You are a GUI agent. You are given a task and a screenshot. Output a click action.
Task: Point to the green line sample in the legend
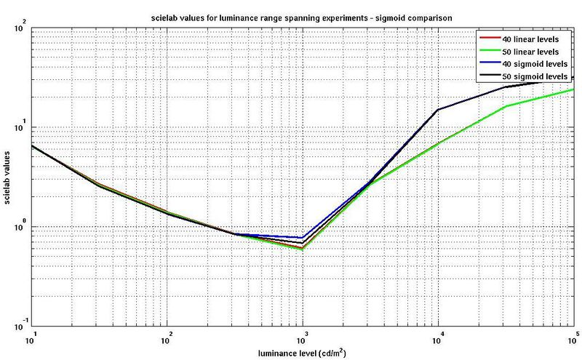coord(487,52)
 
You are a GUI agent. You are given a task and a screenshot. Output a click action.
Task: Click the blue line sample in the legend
coord(487,64)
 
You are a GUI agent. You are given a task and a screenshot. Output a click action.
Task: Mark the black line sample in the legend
coord(487,76)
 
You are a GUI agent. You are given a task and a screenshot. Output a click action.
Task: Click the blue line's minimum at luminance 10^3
coord(303,238)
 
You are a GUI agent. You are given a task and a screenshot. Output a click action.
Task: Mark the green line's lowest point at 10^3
coord(303,249)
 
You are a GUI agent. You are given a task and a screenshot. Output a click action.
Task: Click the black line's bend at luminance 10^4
coord(438,110)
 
